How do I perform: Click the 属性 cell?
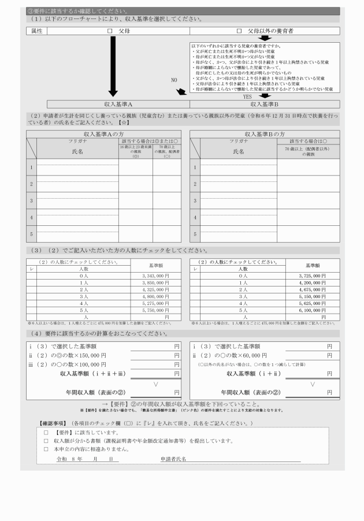pos(36,31)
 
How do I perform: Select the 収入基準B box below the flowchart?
pos(265,104)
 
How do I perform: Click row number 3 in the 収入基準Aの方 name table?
pos(31,200)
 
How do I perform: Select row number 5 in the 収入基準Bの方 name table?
pos(195,234)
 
